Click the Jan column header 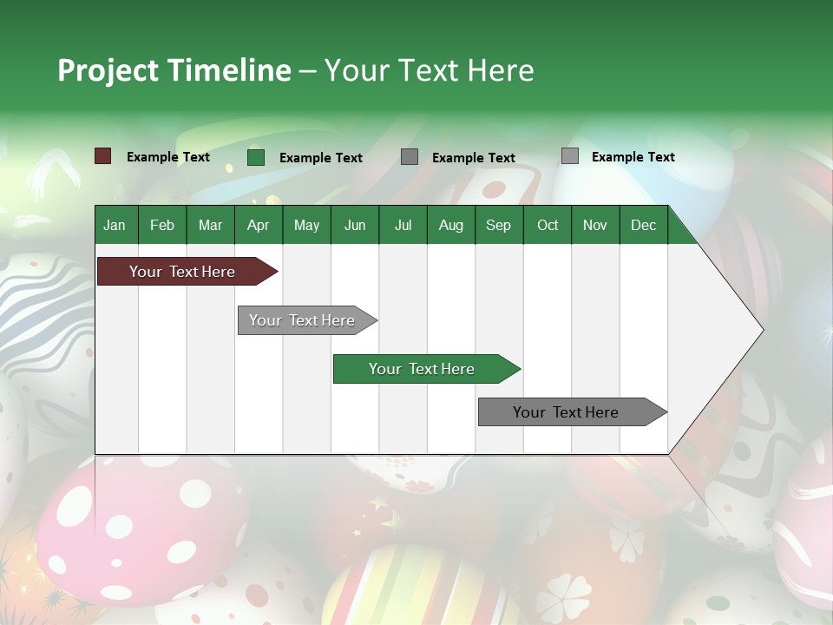click(x=115, y=225)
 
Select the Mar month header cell click(x=210, y=225)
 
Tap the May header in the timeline click(x=306, y=225)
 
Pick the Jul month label click(x=403, y=225)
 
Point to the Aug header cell click(x=450, y=225)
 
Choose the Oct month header click(x=547, y=225)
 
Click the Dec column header click(x=643, y=225)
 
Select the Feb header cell click(x=162, y=225)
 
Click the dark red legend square click(x=103, y=156)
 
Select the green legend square click(x=256, y=157)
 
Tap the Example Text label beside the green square click(x=320, y=158)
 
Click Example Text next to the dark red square click(x=167, y=157)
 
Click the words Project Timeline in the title click(x=174, y=70)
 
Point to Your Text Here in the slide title click(x=429, y=70)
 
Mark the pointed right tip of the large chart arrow click(x=761, y=330)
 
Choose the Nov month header click(x=594, y=225)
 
